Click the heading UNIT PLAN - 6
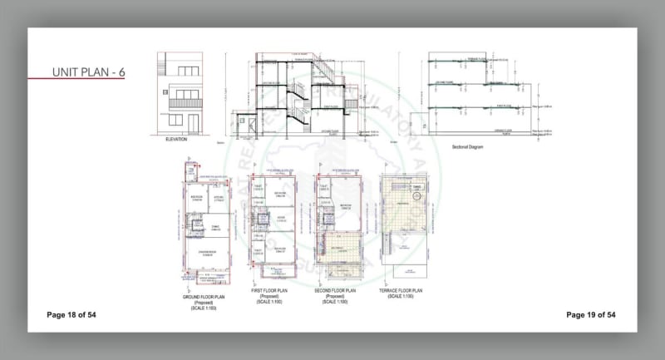88,71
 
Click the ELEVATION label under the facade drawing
176,140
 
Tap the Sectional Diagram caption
468,146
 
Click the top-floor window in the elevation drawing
185,70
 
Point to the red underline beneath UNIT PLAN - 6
88,80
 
